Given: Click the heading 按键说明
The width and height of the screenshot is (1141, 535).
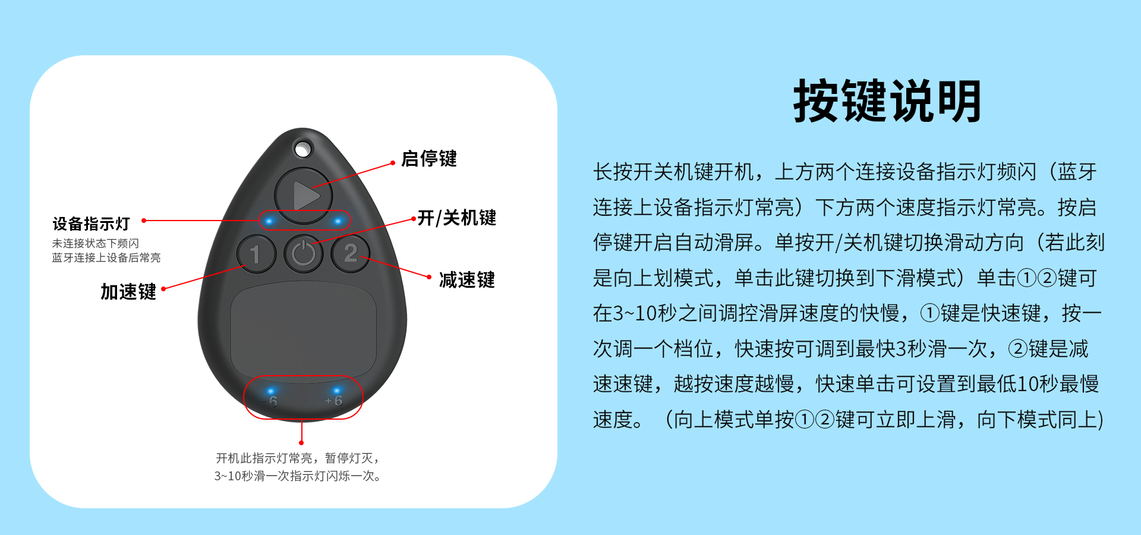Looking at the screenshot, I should [887, 102].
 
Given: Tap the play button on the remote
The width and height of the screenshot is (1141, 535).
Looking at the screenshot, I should [304, 196].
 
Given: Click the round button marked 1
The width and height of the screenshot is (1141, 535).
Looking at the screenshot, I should [256, 254].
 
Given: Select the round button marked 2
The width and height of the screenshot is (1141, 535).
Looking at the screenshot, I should [351, 253].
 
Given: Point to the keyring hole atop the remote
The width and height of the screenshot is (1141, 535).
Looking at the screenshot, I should [302, 149].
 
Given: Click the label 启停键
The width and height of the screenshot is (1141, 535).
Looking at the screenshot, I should [428, 159].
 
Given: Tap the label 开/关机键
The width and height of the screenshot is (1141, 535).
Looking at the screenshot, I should [456, 218].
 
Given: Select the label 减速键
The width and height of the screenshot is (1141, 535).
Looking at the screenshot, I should [467, 279].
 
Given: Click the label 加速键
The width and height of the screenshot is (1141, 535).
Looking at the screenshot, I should [128, 291].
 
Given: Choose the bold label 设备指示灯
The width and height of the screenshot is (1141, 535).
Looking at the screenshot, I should [91, 224].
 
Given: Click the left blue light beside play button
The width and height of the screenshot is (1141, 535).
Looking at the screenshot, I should [269, 221].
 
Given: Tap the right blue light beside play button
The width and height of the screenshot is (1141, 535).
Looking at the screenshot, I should [338, 221].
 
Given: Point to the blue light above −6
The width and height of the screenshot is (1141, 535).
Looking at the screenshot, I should [271, 391].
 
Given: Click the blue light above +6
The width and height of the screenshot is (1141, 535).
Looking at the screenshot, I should [336, 391].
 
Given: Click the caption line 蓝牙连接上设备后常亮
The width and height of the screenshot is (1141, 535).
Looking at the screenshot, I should [106, 257].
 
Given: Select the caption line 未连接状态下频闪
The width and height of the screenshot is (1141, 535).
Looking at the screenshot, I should [95, 243].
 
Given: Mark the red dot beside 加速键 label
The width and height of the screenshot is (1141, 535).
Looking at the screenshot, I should [163, 289].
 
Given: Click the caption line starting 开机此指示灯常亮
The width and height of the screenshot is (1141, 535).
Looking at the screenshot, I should [297, 458].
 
